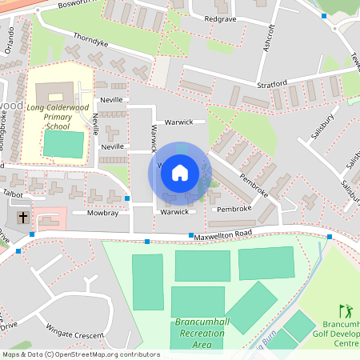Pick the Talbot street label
tap(14, 194)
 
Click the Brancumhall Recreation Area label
tap(192, 333)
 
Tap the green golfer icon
tap(346, 310)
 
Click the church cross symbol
tap(23, 217)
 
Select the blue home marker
tap(180, 172)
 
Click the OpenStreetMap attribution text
tap(81, 354)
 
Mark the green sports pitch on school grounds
tap(63, 145)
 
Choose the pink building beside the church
tap(49, 217)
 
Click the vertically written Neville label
tap(96, 124)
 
